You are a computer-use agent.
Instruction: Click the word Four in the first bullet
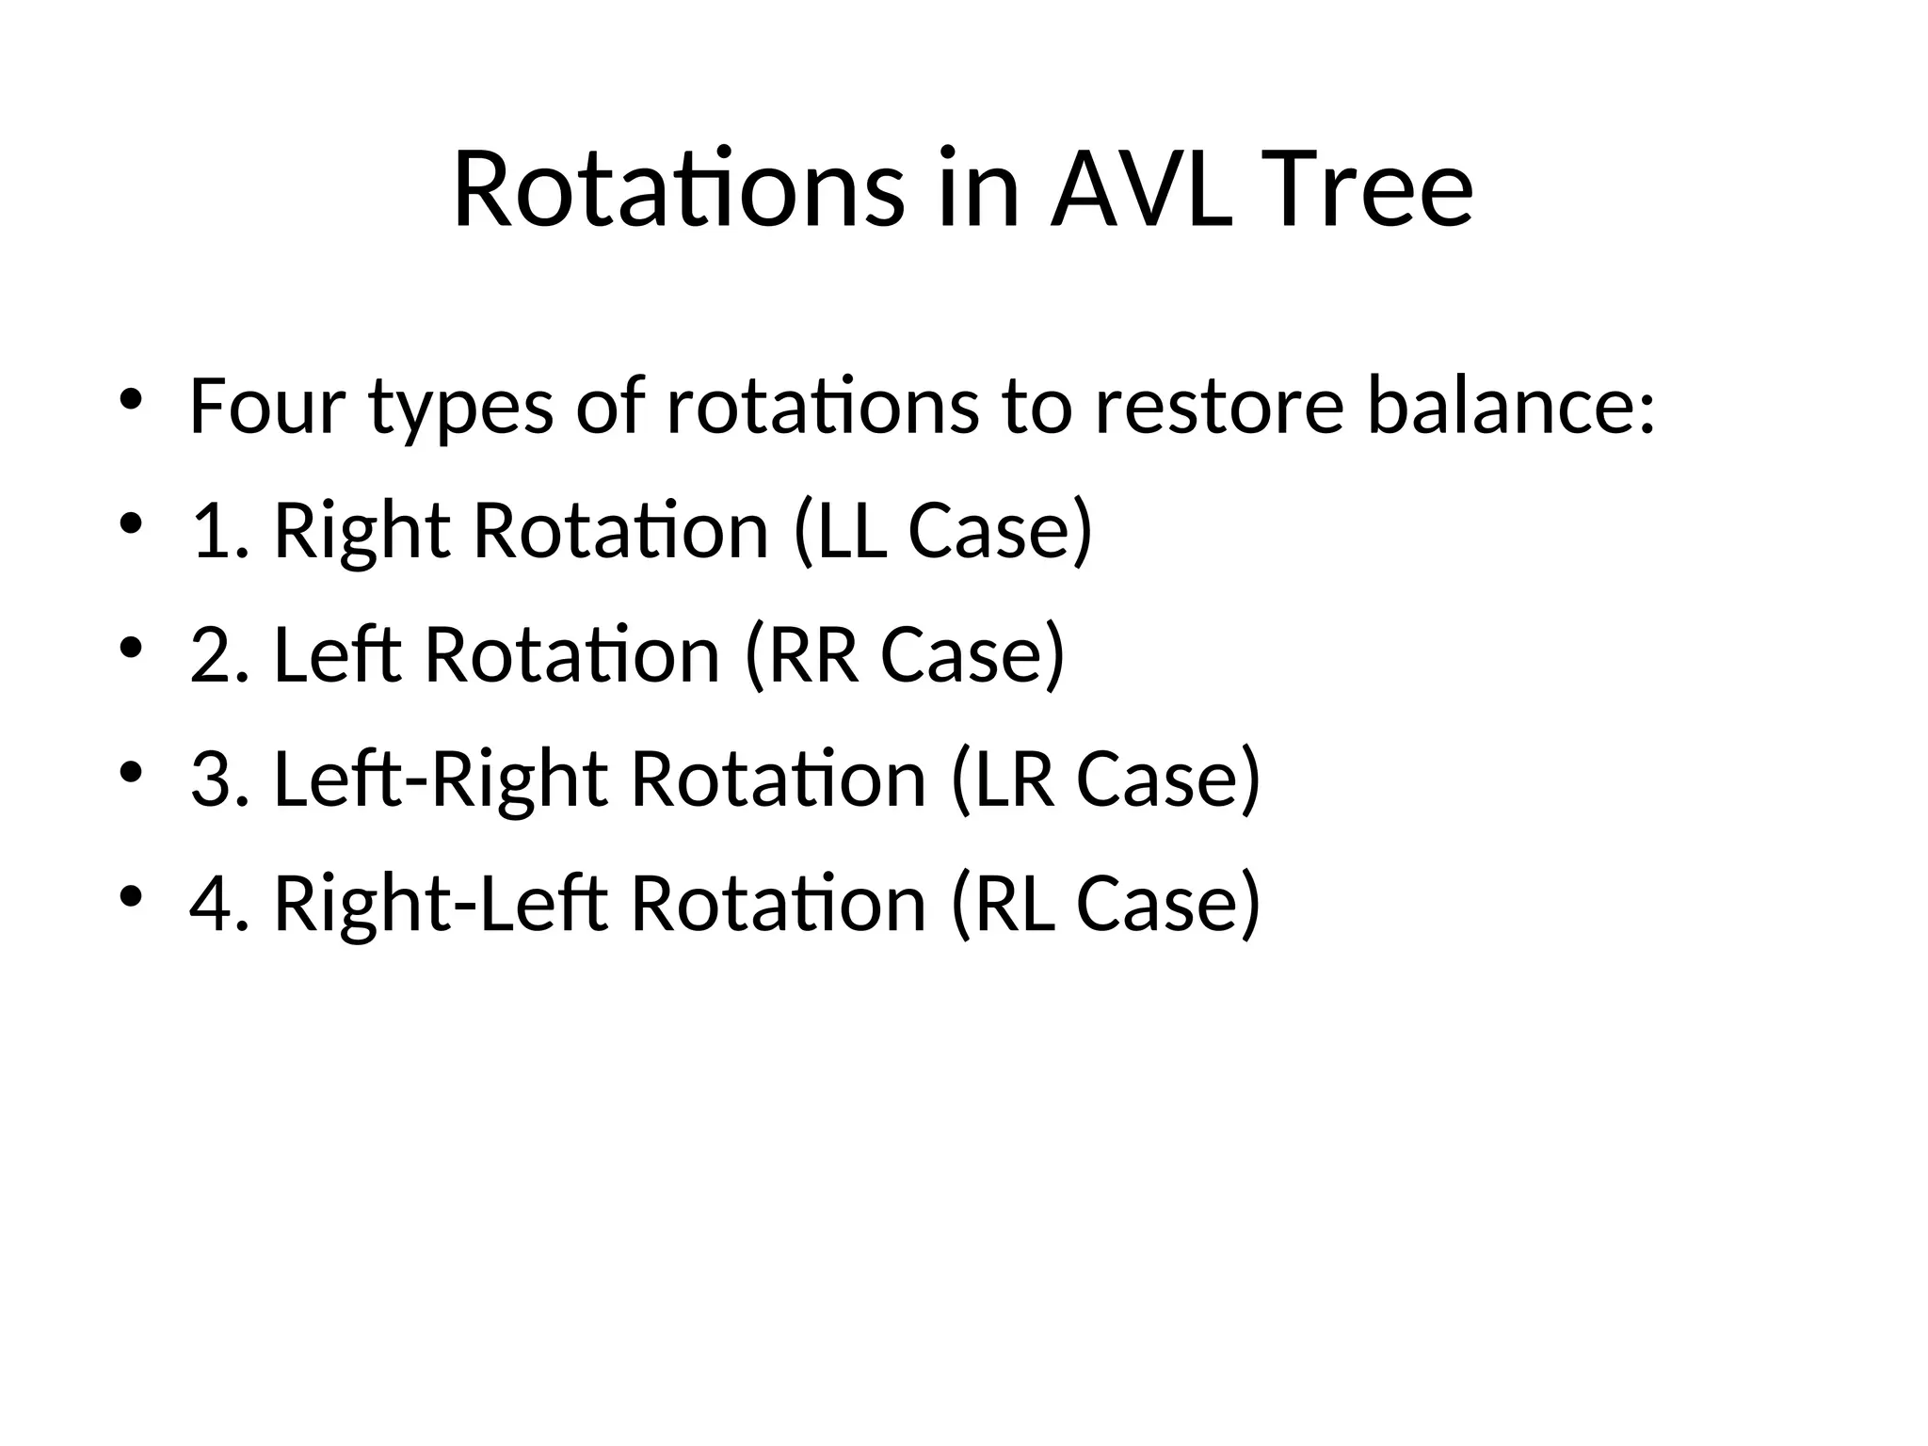(266, 407)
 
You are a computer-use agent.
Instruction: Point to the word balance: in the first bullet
(1510, 407)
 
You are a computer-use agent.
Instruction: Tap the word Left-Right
(441, 779)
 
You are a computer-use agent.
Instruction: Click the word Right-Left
(441, 904)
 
